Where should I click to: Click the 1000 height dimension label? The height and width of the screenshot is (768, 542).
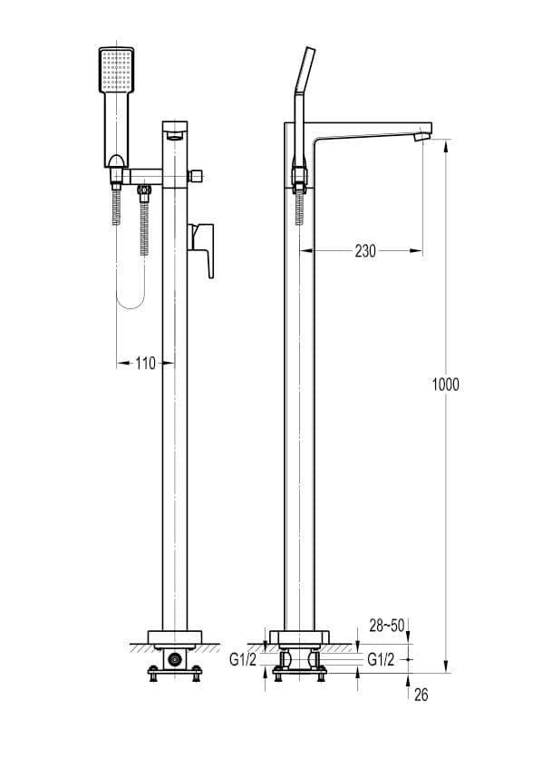tap(445, 384)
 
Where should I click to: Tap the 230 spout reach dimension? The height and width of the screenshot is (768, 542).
tap(365, 251)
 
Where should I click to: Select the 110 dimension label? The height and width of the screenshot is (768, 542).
tap(145, 364)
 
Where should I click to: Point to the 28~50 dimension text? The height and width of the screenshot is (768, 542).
tap(387, 626)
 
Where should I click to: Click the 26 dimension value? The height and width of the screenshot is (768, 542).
tap(421, 695)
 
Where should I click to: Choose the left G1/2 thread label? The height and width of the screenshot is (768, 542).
tap(243, 660)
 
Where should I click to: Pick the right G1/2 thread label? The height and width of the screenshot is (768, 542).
tap(381, 660)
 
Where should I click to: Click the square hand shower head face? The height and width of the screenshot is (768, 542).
tap(116, 69)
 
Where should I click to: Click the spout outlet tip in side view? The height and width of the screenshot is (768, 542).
tap(422, 136)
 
